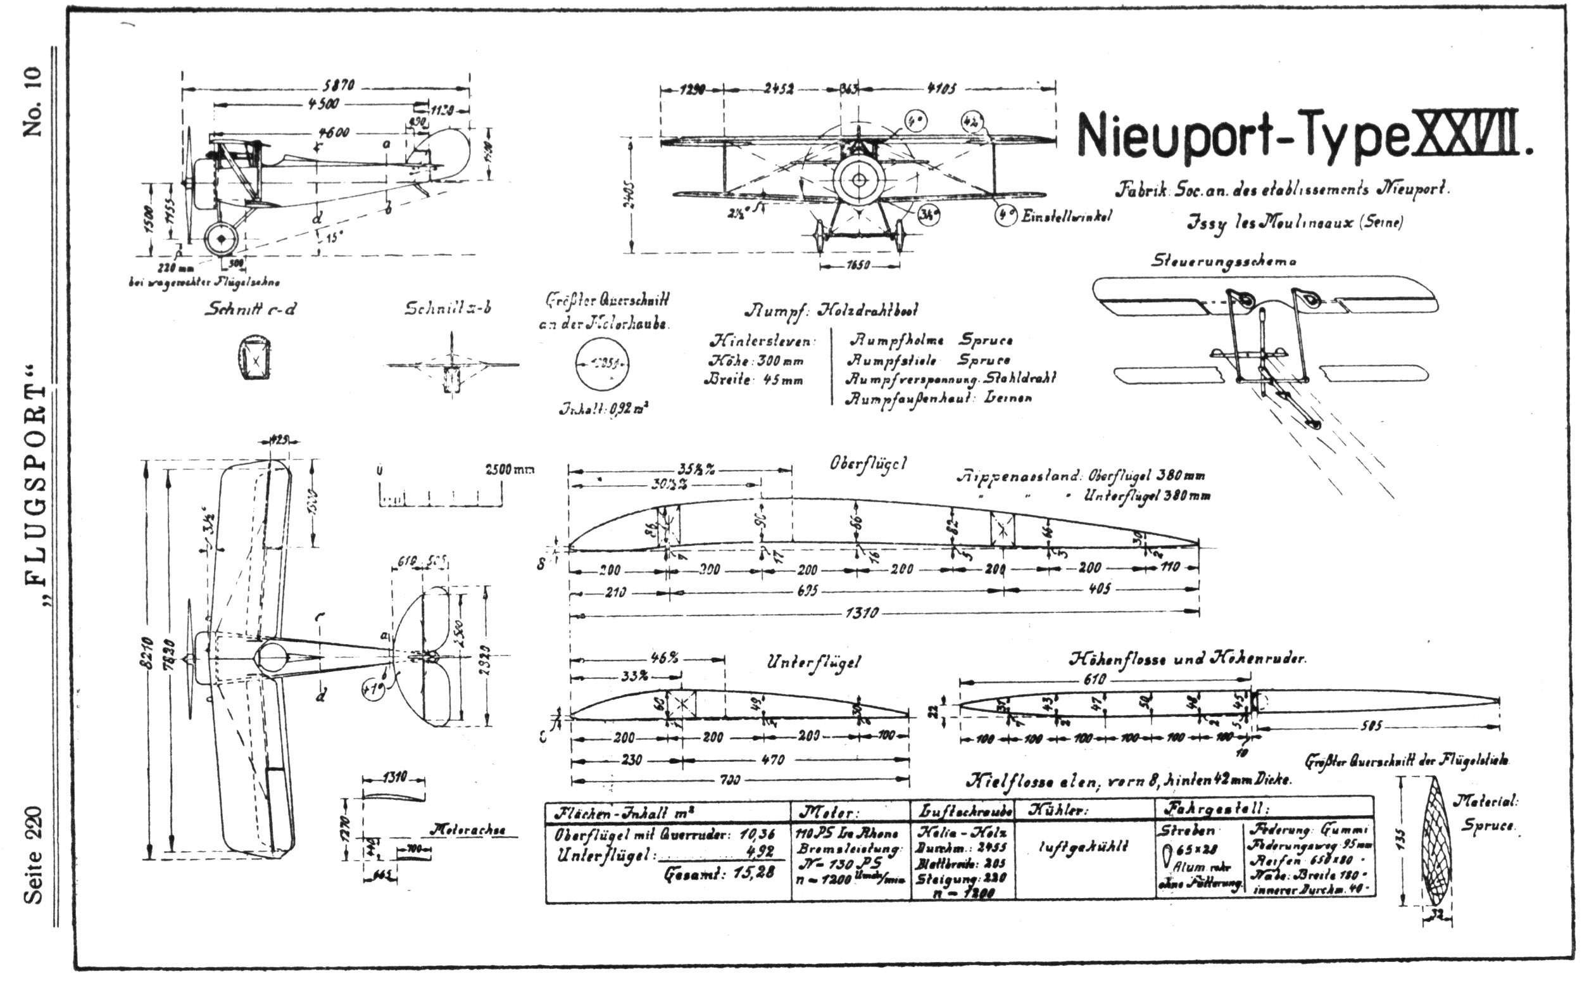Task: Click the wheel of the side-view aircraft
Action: [x=221, y=239]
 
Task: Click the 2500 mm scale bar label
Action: [x=508, y=469]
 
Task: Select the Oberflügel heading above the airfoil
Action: [x=868, y=465]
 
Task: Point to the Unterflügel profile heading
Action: [x=813, y=662]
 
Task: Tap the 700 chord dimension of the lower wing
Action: [x=729, y=780]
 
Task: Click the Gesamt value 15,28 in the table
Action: [x=753, y=873]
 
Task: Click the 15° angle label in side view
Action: [x=332, y=238]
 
